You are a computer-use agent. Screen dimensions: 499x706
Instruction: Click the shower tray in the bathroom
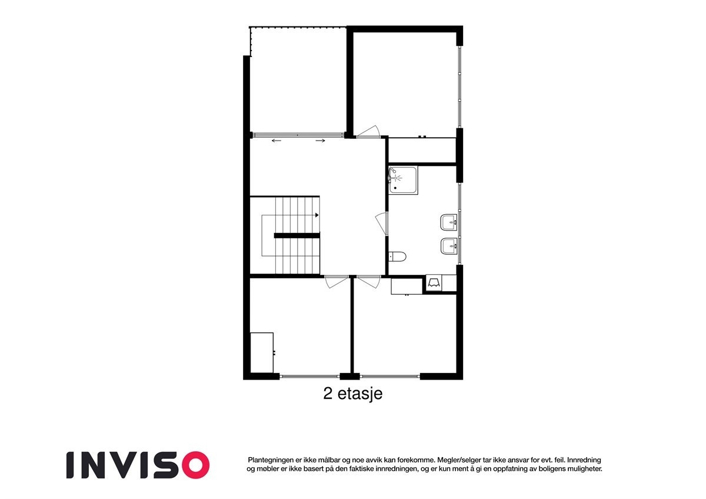click(x=403, y=181)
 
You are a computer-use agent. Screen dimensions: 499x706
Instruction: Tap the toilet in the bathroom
click(x=398, y=256)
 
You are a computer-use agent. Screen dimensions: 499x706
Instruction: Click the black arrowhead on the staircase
click(x=317, y=215)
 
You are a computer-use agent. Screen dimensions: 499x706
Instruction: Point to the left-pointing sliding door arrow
click(x=277, y=141)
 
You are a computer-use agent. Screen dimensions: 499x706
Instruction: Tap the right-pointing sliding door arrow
click(x=321, y=141)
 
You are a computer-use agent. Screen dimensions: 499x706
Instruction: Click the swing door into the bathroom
click(x=381, y=224)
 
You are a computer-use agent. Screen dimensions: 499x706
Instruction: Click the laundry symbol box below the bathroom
click(x=435, y=284)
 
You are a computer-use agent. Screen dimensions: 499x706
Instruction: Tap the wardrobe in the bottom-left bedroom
click(x=262, y=352)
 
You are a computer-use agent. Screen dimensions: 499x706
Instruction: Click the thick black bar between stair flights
click(x=297, y=235)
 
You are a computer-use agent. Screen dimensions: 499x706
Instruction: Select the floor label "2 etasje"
click(x=353, y=393)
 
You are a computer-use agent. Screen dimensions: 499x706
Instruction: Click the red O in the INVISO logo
click(x=195, y=464)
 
